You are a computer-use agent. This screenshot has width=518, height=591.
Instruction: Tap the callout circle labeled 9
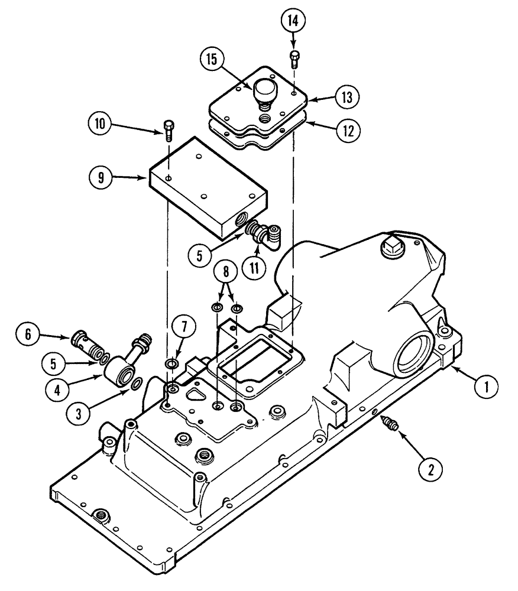pyautogui.click(x=101, y=176)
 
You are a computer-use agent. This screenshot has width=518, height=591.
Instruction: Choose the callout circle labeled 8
pyautogui.click(x=226, y=274)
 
